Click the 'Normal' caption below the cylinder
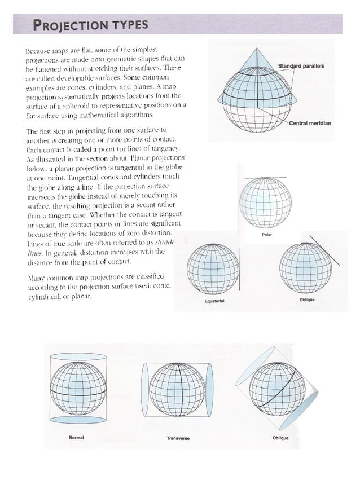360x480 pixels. pos(76,437)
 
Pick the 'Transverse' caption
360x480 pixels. pos(177,438)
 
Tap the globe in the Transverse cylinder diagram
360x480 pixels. pos(177,387)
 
